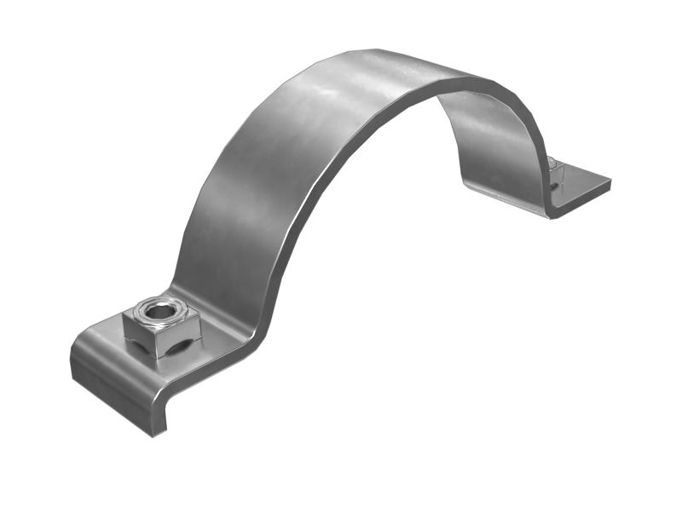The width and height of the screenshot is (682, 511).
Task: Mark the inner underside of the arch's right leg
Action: point(494,145)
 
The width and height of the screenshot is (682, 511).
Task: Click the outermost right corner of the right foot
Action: point(610,180)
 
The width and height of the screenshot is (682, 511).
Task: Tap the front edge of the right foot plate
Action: point(584,199)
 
